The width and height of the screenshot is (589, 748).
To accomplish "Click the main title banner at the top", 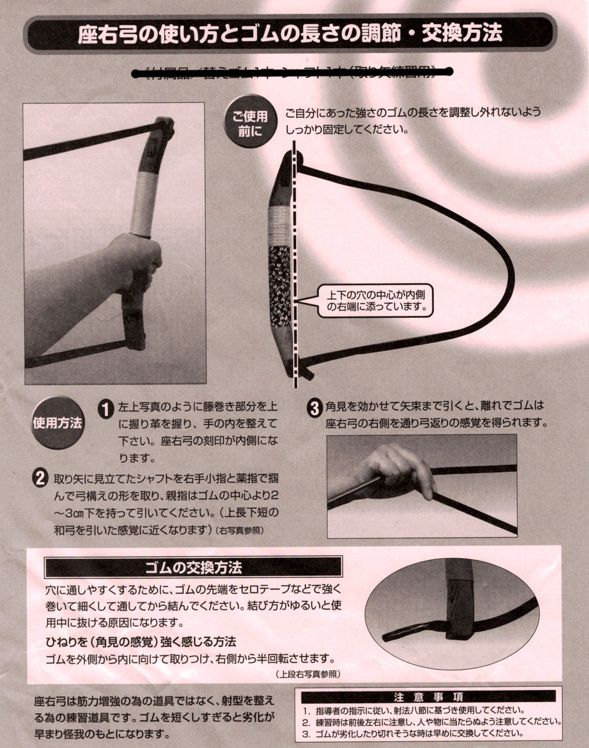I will coord(290,34).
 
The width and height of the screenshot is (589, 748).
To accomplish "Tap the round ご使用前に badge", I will coord(249,122).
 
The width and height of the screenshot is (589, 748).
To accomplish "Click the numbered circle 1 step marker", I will coord(105,409).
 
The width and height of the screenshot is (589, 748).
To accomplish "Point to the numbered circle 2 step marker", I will coord(39,478).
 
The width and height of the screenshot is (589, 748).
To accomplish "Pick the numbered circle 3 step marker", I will coord(315,409).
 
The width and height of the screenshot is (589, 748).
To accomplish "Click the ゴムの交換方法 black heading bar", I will coord(193,567).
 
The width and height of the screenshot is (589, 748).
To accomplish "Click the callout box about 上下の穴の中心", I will coord(376,300).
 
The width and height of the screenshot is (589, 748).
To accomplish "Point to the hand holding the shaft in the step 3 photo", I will coord(399,471).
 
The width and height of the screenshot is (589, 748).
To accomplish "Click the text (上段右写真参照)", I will coord(307,674).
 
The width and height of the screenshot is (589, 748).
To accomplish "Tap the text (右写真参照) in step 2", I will coord(239,531).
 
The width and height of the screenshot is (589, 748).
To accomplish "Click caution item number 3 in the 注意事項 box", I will coord(411,733).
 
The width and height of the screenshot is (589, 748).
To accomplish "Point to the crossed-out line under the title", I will coord(290,72).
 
